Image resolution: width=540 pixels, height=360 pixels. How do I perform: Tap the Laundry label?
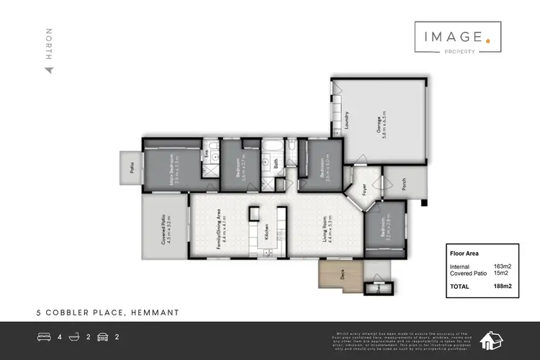coord(346,120)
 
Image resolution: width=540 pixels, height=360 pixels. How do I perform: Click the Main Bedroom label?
coord(174,170)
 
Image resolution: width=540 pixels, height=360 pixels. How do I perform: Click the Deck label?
coord(343,274)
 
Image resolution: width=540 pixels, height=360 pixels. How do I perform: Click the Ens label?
coord(207,154)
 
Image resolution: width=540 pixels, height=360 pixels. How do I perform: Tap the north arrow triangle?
coord(49,70)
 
